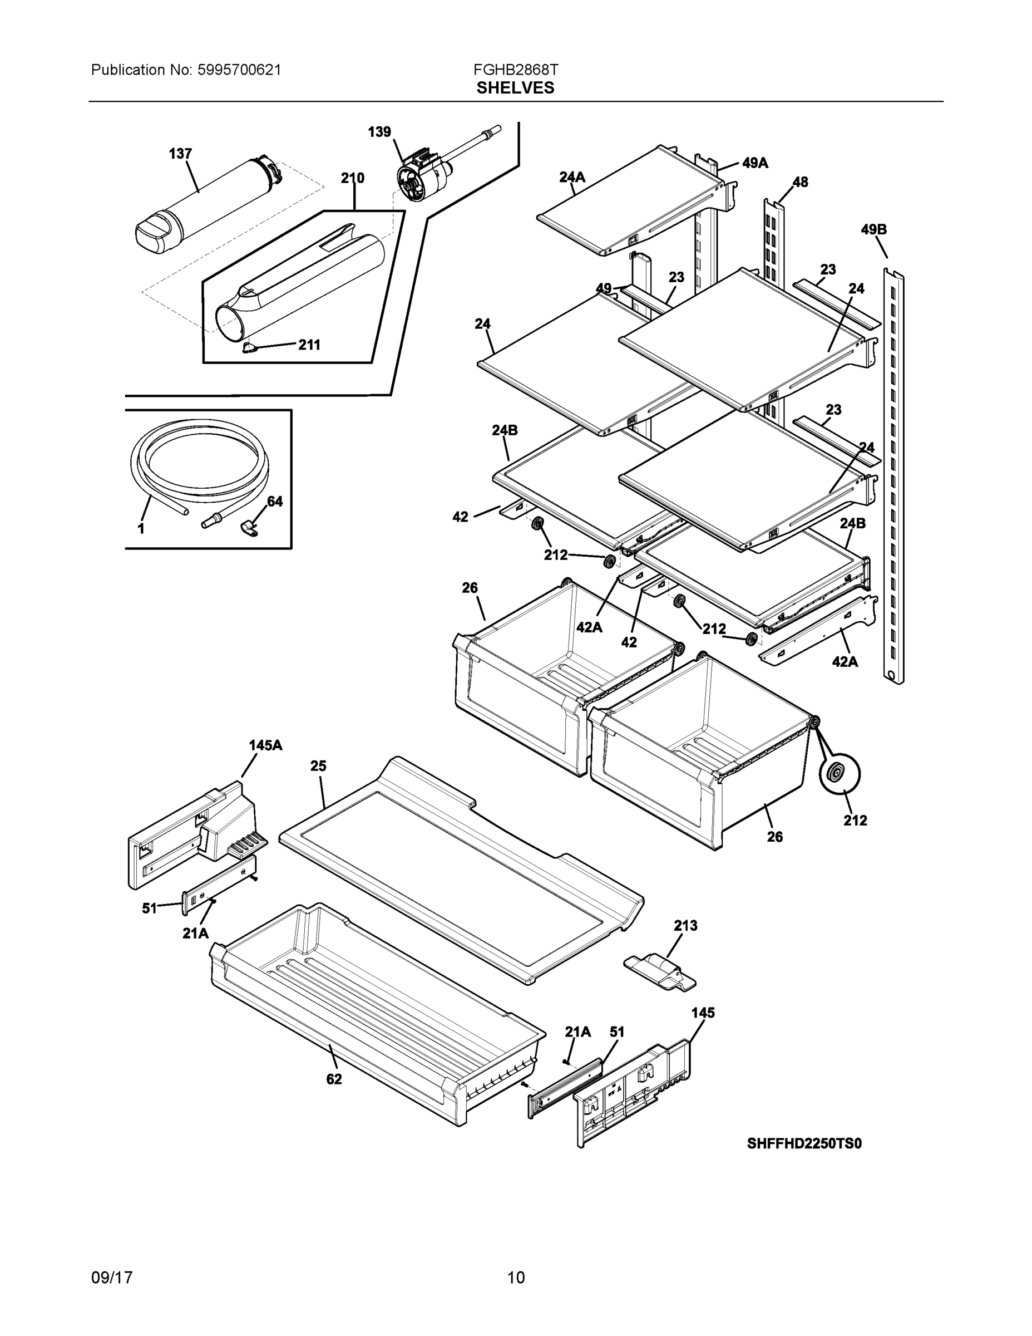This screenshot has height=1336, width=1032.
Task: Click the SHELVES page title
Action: pos(515,88)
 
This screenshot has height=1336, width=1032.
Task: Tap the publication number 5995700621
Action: pos(239,70)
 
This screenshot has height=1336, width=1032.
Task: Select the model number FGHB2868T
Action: pos(515,70)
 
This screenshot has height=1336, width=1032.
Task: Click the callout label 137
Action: pos(180,154)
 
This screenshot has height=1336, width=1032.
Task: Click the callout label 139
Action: pos(379,132)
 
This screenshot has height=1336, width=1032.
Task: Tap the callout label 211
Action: pos(309,345)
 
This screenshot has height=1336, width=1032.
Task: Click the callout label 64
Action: pos(275,502)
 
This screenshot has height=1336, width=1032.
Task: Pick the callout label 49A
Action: pos(755,163)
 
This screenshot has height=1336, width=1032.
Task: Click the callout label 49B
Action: pos(873,230)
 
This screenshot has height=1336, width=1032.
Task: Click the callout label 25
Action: pos(318,766)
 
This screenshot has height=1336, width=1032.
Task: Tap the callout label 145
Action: pos(703,1013)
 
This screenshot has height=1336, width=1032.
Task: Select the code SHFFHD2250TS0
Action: pos(804,1144)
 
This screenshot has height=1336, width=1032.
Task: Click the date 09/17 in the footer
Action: pos(112,1278)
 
